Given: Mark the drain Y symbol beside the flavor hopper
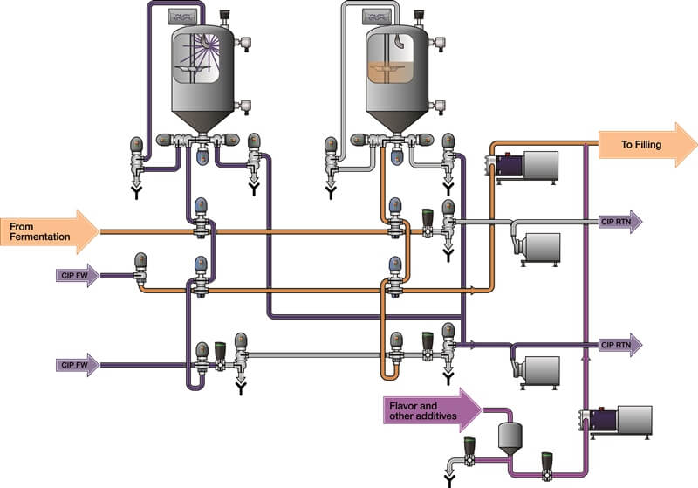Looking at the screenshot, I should tap(449, 478).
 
